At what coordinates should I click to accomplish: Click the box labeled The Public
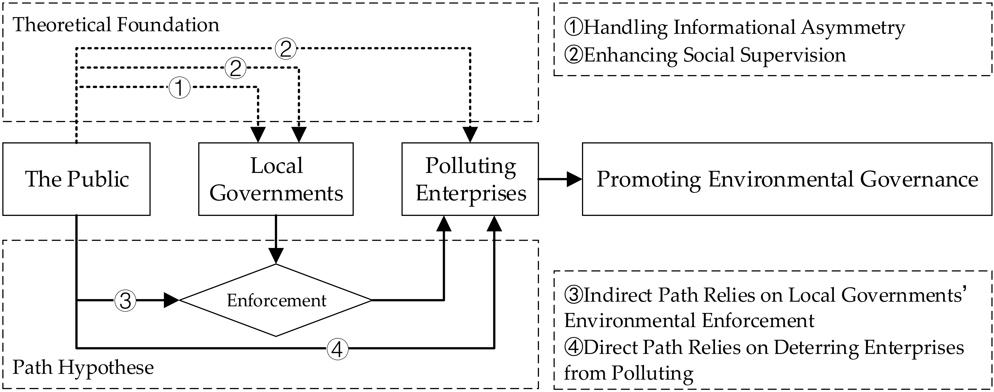click(76, 179)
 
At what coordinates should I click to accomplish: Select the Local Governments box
click(276, 179)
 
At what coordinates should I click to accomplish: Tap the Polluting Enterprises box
click(470, 179)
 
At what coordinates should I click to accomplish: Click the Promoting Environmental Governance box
click(787, 179)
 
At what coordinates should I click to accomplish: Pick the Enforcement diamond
click(276, 300)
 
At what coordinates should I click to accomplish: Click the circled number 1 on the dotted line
click(179, 88)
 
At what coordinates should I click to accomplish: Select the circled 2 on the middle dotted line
click(235, 68)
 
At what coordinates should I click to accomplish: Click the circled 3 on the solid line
click(126, 300)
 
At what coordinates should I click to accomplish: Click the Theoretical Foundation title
click(116, 25)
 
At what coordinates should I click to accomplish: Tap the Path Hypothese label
click(83, 367)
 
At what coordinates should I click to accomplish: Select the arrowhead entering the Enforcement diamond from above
click(276, 256)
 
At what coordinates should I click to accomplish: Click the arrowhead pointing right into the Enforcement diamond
click(171, 300)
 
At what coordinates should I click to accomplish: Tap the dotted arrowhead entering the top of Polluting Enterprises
click(470, 135)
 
